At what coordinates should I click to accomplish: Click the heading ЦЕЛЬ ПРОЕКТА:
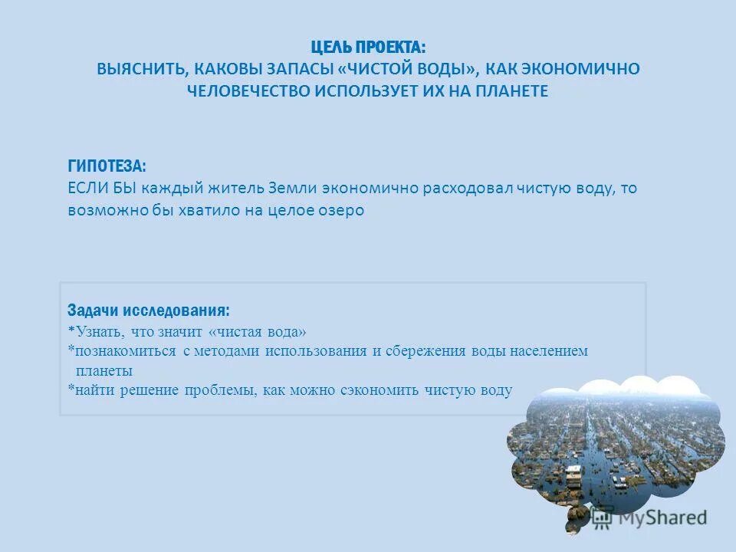click(368, 47)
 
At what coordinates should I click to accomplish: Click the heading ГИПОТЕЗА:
click(107, 166)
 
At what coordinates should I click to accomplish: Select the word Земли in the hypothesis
click(293, 189)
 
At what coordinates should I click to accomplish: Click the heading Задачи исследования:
click(148, 310)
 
